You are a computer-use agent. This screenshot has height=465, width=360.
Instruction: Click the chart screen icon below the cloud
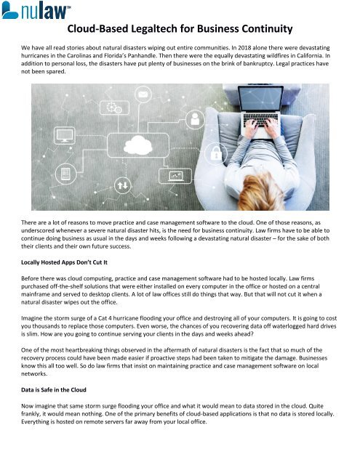click(175, 176)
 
